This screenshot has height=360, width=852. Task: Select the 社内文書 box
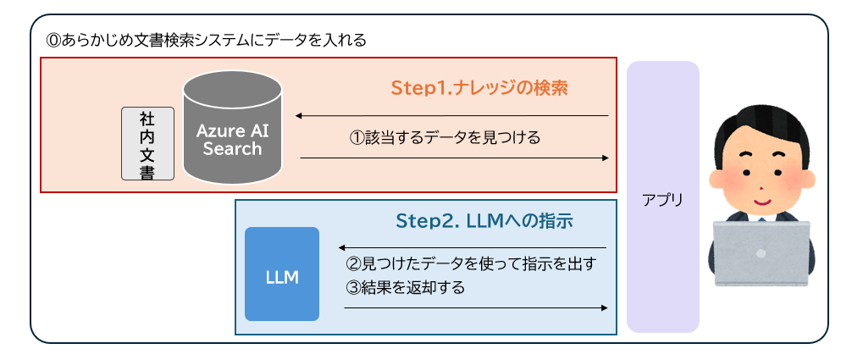[x=148, y=143]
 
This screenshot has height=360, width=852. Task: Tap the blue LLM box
[x=281, y=274]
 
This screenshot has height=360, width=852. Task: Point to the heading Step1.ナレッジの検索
[x=479, y=88]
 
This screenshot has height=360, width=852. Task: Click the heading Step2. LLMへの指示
[x=484, y=221]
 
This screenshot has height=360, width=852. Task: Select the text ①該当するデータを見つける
[x=445, y=136]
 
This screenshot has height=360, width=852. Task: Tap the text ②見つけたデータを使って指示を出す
[x=473, y=263]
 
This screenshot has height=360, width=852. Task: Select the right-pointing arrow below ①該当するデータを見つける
[x=454, y=158]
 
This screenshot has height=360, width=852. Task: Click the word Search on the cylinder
[x=232, y=149]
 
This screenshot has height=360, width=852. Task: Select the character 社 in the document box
[x=148, y=119]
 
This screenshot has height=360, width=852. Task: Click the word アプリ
[x=663, y=201]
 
